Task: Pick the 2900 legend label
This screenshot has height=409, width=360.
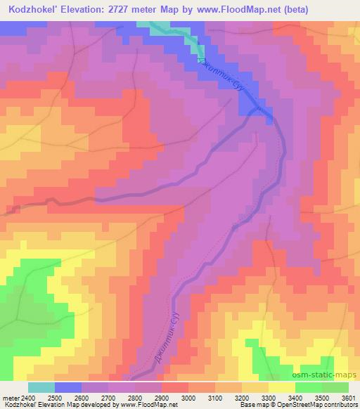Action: (x=162, y=397)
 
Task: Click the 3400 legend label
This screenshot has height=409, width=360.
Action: (x=295, y=397)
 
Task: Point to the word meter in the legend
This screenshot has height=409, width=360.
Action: (x=9, y=397)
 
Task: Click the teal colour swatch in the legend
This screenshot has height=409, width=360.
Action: (x=41, y=387)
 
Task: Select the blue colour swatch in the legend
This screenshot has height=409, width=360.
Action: (x=68, y=387)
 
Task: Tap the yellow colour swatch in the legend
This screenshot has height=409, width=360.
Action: (x=281, y=387)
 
